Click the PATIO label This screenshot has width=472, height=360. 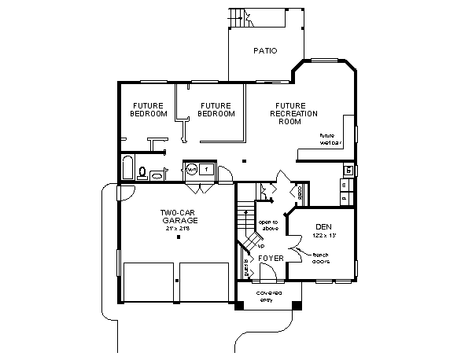(265, 51)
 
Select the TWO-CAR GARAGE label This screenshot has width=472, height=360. (179, 216)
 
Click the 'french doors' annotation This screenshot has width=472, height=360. (320, 259)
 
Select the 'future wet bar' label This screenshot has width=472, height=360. (331, 139)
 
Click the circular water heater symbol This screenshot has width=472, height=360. (191, 168)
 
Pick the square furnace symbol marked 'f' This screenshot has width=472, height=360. (205, 168)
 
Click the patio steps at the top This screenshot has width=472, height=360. (238, 14)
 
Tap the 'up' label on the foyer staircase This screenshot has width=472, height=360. (250, 244)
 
